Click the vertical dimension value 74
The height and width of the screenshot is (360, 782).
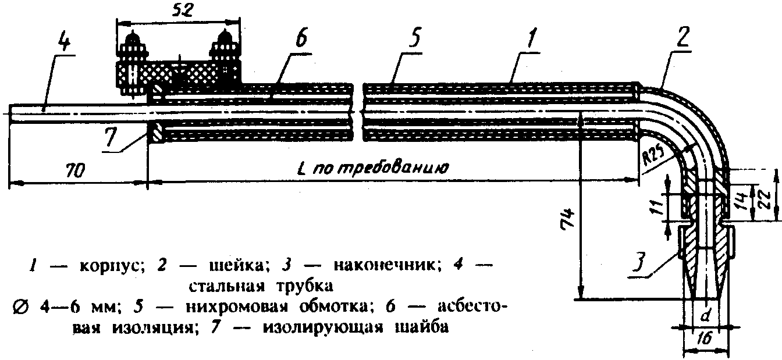pos(571,219)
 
